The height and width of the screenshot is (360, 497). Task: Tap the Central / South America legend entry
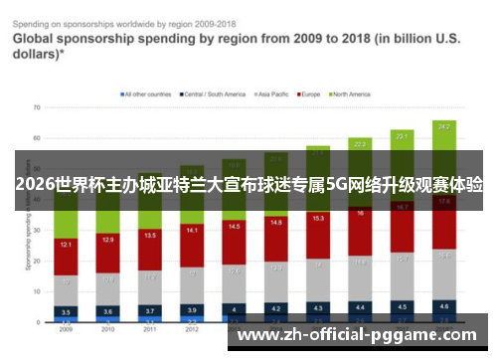(x=213, y=94)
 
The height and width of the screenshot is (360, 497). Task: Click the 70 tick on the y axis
(x=37, y=105)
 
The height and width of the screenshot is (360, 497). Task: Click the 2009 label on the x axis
(x=65, y=329)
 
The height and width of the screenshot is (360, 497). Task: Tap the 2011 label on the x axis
(x=149, y=329)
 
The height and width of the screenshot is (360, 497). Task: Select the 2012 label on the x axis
(x=192, y=329)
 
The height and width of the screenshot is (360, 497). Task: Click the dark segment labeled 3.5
(x=65, y=311)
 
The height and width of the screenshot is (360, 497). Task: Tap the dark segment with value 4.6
(x=443, y=306)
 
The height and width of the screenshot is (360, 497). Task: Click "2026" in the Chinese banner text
(x=35, y=186)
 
